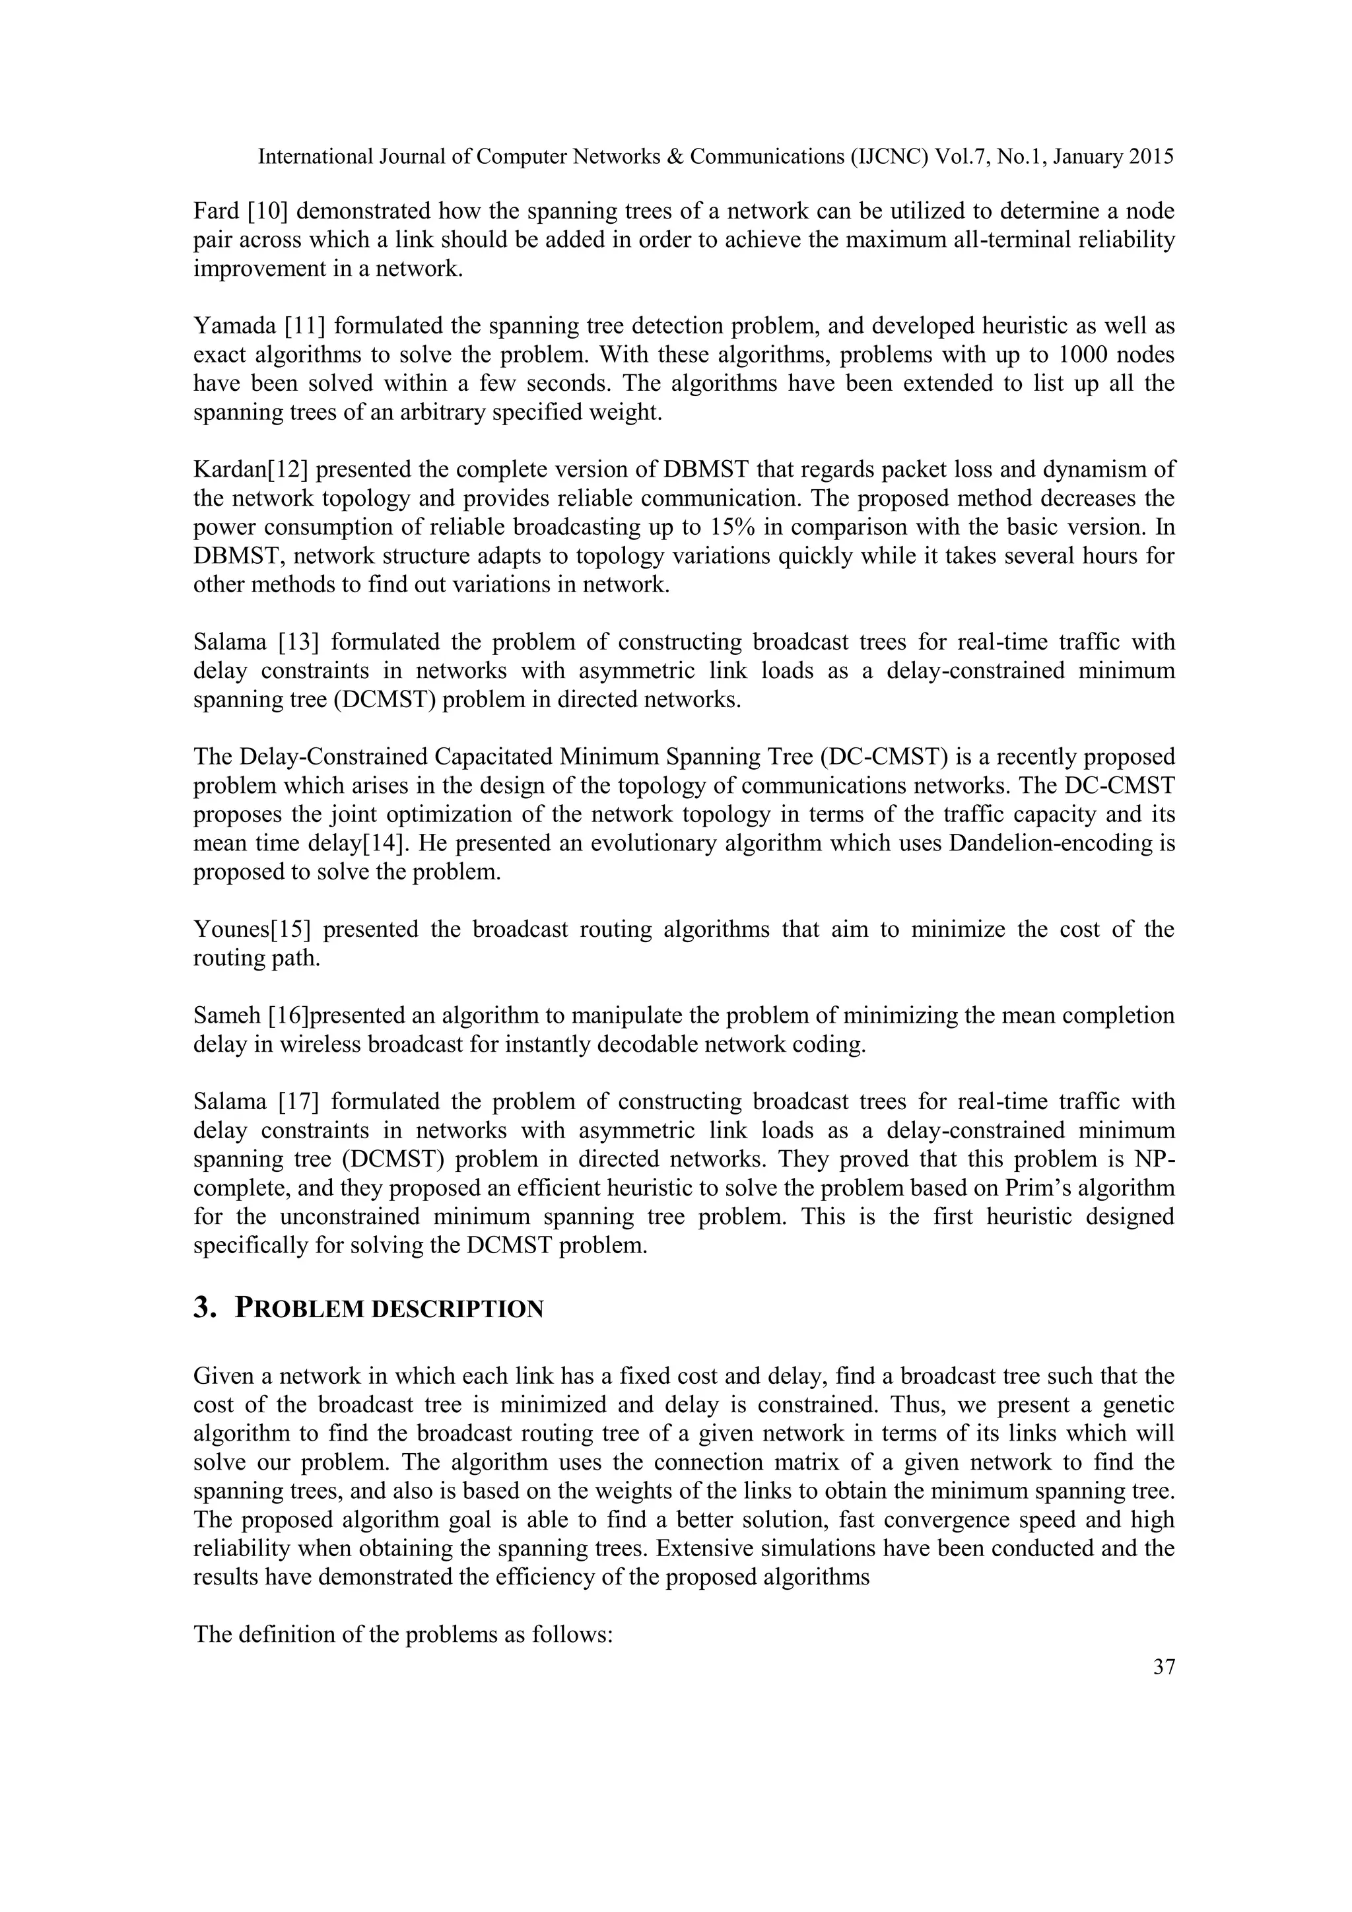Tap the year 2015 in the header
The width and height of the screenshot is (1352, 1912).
[1151, 156]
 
